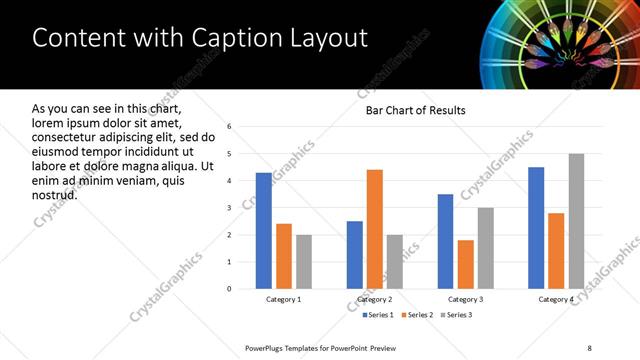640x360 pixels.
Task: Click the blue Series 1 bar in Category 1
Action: [263, 231]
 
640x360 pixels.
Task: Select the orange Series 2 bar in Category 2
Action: [375, 229]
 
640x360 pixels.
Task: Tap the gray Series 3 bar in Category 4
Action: [577, 221]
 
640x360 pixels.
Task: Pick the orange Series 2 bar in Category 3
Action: [466, 264]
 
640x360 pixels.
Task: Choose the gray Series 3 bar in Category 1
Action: [304, 262]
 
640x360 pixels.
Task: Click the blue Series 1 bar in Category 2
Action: [355, 255]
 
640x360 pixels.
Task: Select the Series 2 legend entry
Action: [415, 315]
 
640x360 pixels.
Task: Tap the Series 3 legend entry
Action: [455, 315]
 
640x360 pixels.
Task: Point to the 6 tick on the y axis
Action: [229, 127]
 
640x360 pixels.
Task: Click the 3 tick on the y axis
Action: [229, 208]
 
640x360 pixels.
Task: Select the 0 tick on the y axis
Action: [229, 289]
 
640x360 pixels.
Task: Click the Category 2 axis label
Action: [375, 299]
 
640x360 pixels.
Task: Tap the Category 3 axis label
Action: [466, 299]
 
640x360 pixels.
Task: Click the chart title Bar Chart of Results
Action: [416, 110]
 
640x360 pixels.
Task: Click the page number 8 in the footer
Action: [589, 348]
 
